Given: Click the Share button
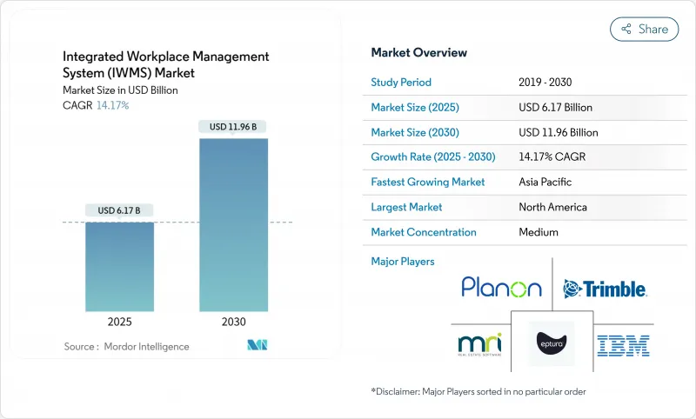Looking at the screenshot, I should pyautogui.click(x=645, y=29).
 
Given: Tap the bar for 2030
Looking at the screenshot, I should pyautogui.click(x=234, y=223).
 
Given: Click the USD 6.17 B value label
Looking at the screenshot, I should pyautogui.click(x=119, y=210).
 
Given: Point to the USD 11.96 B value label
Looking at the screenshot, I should pyautogui.click(x=234, y=127).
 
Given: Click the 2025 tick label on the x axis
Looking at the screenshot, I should pyautogui.click(x=119, y=322).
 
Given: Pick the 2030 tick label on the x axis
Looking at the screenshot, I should pyautogui.click(x=234, y=322).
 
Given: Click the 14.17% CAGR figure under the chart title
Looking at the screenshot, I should pyautogui.click(x=111, y=105).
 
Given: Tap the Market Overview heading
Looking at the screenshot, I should pyautogui.click(x=419, y=52).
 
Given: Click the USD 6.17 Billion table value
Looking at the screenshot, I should pyautogui.click(x=555, y=108).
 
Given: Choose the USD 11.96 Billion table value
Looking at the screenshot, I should pyautogui.click(x=558, y=132).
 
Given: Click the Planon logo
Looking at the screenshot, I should pyautogui.click(x=501, y=288).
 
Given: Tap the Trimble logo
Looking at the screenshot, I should pyautogui.click(x=604, y=289).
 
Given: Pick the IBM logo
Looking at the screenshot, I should pyautogui.click(x=624, y=345).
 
